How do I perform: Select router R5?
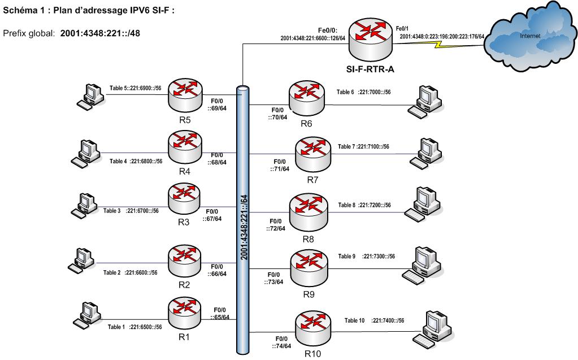(x=184, y=94)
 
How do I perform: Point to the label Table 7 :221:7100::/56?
(x=364, y=146)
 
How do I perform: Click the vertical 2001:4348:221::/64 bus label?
(x=242, y=226)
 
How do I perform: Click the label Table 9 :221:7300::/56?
(x=375, y=256)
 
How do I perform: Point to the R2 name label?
(x=184, y=284)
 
